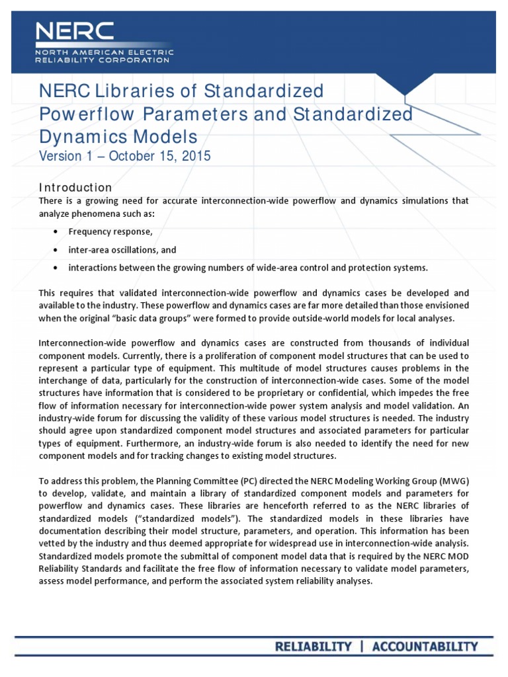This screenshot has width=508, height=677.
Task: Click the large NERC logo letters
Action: point(75,32)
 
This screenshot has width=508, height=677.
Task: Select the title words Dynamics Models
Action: point(118,137)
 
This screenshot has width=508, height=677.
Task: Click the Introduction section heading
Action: point(75,187)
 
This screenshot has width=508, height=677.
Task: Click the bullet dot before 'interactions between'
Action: point(54,268)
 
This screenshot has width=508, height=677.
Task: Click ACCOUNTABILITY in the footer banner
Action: point(424,647)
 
